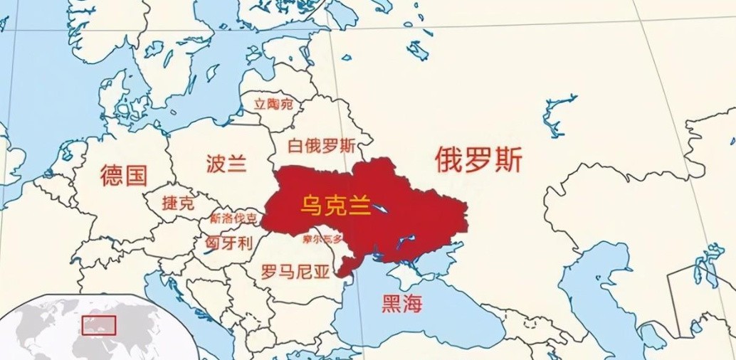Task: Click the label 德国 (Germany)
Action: (124, 174)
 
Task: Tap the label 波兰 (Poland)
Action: (226, 165)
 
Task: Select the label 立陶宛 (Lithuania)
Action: (274, 105)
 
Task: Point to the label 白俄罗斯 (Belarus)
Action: (321, 146)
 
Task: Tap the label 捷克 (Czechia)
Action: (178, 202)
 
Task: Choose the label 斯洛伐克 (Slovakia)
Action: (233, 218)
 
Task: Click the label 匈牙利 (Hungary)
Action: (228, 243)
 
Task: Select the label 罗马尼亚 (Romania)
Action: (295, 271)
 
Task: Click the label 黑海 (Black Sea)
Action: (402, 305)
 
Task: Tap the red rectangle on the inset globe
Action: (99, 325)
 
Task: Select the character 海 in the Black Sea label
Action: (413, 305)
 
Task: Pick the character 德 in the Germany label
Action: (112, 174)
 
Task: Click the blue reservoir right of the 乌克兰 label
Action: (382, 209)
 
